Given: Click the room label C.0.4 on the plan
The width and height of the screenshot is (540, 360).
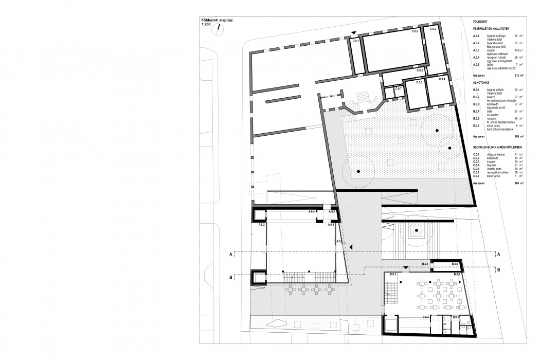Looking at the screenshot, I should click(x=441, y=80).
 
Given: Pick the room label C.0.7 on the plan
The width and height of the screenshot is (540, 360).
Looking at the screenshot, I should click(x=398, y=89).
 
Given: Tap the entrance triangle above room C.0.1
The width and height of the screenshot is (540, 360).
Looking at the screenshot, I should click(x=354, y=33).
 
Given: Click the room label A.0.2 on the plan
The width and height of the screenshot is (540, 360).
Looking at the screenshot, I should click(x=261, y=225).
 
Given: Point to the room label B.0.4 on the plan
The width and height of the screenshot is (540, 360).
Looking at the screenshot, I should click(x=426, y=317).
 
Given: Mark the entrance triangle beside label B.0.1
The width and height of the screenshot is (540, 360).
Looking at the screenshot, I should click(x=406, y=267).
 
